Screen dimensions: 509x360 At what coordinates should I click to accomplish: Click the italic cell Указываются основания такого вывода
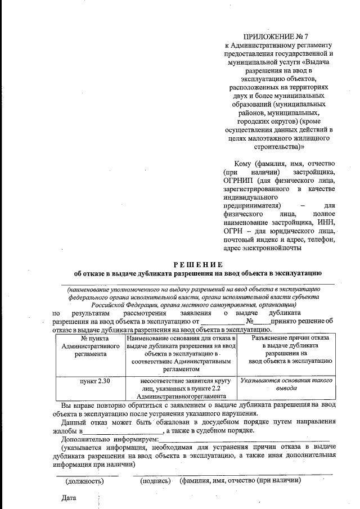pos(286,385)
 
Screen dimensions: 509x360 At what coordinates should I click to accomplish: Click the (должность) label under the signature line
pos(85,481)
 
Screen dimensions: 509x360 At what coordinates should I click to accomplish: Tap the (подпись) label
pos(155,481)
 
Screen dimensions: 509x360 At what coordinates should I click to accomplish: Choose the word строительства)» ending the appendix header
pos(279,146)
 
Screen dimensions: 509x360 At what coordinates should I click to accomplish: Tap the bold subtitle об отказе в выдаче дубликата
pos(197,274)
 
